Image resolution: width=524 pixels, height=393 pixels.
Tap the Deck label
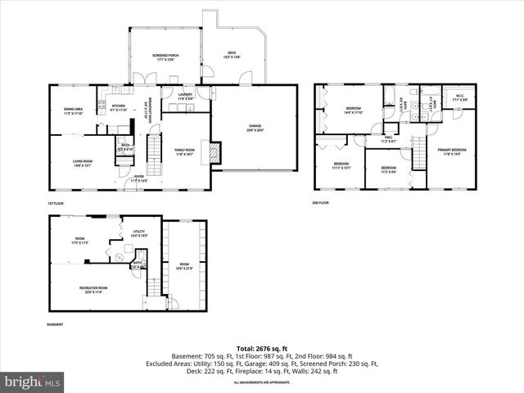click(232, 55)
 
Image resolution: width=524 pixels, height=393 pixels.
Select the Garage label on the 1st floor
click(256, 128)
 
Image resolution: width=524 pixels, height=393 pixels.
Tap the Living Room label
click(82, 163)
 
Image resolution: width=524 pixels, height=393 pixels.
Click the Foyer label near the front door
click(140, 178)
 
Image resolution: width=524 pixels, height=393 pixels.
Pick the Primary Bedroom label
click(452, 151)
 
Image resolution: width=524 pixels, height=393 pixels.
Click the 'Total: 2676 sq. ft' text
click(261, 349)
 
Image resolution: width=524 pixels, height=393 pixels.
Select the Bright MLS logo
click(33, 382)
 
